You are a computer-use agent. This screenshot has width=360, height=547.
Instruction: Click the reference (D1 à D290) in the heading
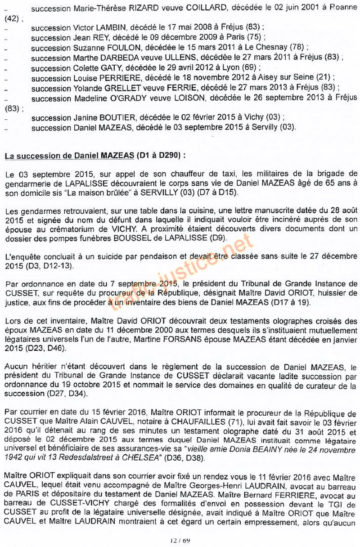coord(157,156)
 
